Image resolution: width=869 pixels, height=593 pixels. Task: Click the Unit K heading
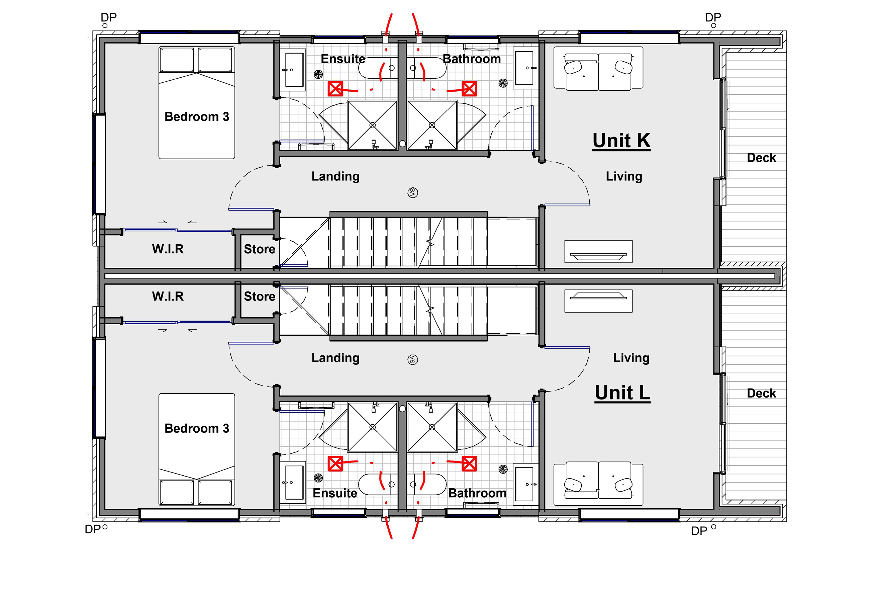pyautogui.click(x=621, y=141)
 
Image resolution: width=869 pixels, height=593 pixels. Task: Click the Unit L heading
pyautogui.click(x=622, y=393)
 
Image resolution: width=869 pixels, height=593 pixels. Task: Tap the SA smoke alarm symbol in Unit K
pyautogui.click(x=412, y=193)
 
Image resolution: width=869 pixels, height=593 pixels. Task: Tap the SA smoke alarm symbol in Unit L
pyautogui.click(x=412, y=359)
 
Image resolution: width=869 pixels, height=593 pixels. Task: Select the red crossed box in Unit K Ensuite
pyautogui.click(x=335, y=89)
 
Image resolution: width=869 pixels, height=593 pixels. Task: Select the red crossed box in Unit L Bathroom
pyautogui.click(x=469, y=464)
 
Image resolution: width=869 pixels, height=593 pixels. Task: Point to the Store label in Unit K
pyautogui.click(x=260, y=249)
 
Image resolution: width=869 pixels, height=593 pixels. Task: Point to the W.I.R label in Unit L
pyautogui.click(x=168, y=296)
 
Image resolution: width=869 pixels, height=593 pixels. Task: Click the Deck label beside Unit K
pyautogui.click(x=761, y=158)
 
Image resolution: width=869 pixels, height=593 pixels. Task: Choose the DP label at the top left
pyautogui.click(x=109, y=17)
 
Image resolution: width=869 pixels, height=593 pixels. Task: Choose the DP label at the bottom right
pyautogui.click(x=699, y=531)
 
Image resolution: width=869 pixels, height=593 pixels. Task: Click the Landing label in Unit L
pyautogui.click(x=335, y=358)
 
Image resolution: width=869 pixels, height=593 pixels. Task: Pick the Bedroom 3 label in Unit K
pyautogui.click(x=197, y=117)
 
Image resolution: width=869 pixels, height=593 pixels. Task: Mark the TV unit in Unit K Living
pyautogui.click(x=598, y=251)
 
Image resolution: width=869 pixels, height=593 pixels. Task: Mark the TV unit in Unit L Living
pyautogui.click(x=598, y=301)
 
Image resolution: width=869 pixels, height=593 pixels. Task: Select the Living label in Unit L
pyautogui.click(x=631, y=358)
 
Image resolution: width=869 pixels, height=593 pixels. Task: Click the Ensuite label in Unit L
pyautogui.click(x=335, y=493)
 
